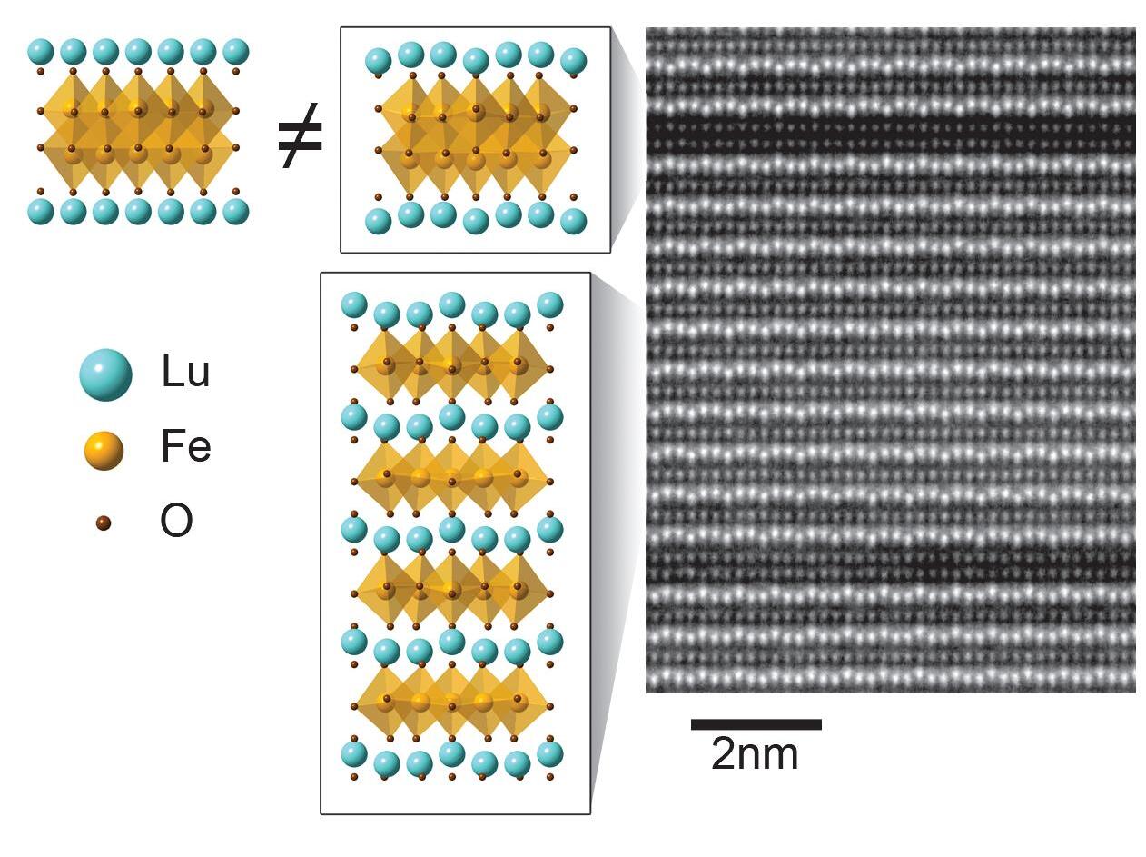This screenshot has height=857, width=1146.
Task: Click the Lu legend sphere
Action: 105,374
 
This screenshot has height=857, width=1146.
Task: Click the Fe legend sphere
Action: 104,451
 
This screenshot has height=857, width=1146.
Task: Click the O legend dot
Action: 104,523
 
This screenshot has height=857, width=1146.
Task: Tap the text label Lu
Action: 186,371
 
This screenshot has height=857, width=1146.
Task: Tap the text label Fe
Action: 186,445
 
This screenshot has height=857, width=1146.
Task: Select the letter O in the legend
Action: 176,521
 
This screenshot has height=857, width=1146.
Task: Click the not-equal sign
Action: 301,136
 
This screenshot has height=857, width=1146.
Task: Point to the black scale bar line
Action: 756,724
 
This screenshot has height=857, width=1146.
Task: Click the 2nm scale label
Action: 755,754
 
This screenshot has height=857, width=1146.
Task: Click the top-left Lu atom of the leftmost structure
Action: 41,52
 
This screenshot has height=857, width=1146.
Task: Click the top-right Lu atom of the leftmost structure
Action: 236,52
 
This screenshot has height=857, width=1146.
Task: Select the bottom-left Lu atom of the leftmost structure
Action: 41,212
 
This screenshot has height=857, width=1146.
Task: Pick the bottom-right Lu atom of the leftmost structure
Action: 236,212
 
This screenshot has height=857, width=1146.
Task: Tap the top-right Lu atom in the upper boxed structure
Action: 574,61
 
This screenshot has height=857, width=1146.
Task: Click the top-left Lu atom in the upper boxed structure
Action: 379,61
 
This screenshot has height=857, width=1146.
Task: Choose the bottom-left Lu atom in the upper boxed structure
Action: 379,222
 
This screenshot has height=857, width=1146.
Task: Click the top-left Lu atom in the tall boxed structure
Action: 354,304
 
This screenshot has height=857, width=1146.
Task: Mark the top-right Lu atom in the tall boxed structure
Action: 550,304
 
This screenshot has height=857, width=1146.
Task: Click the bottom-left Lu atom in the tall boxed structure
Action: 354,754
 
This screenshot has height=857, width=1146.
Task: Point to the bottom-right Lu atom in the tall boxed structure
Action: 550,754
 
